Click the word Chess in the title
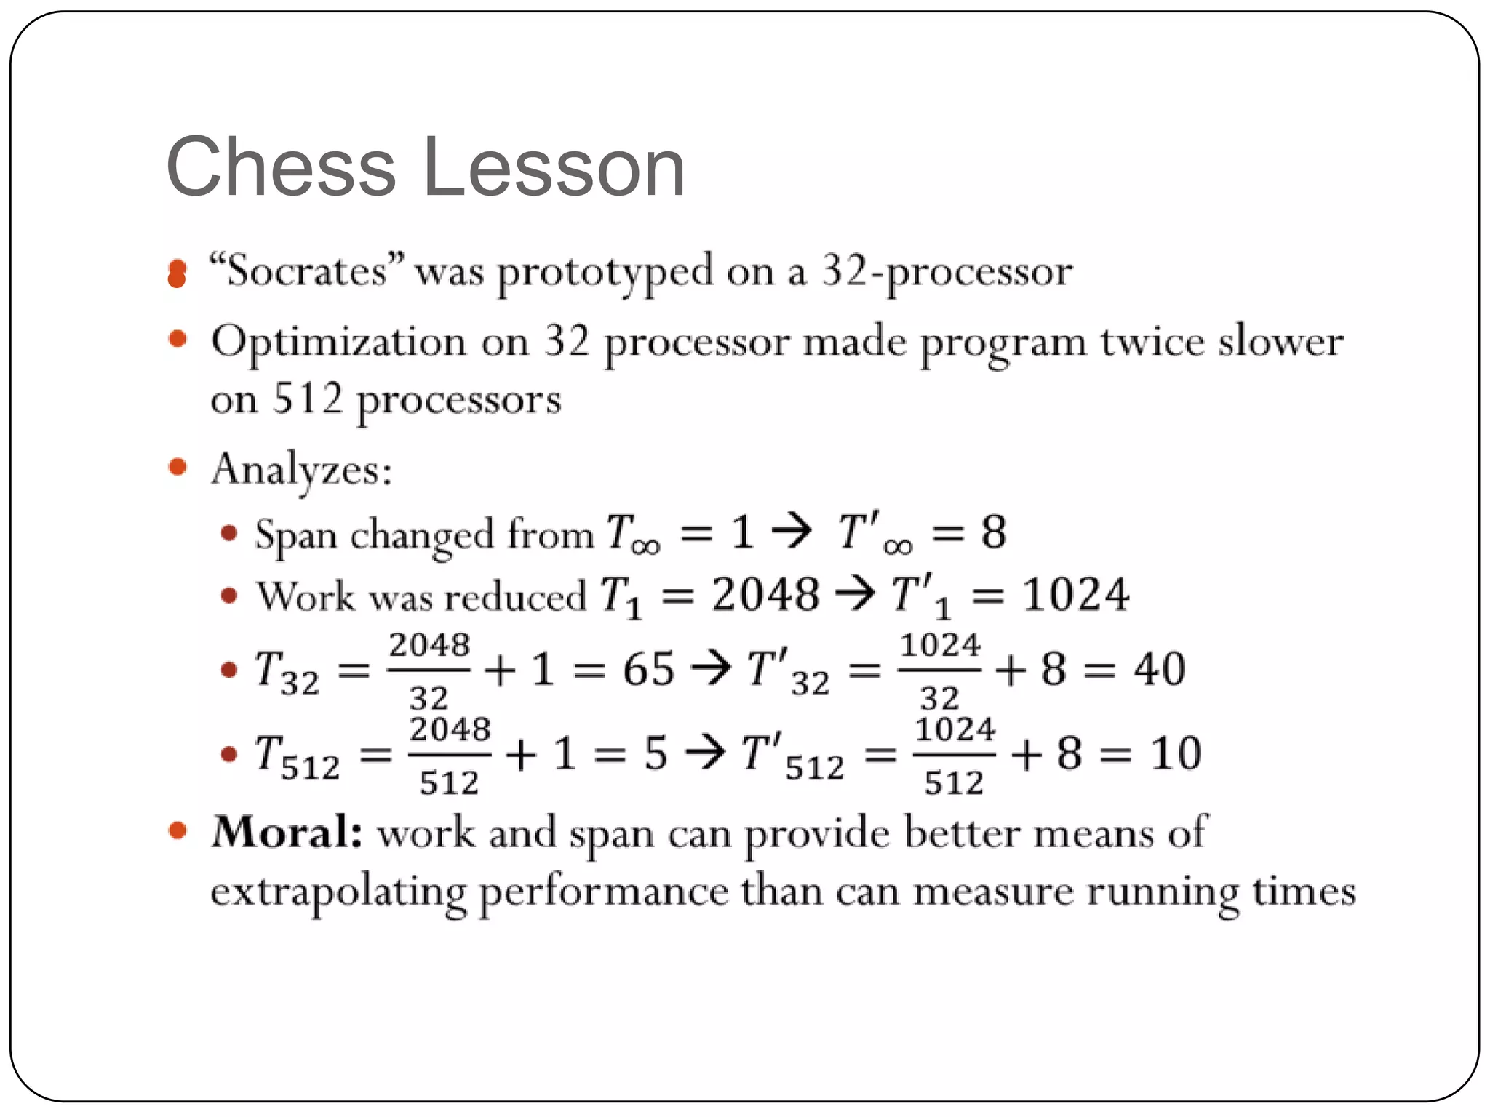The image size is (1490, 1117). pos(281,167)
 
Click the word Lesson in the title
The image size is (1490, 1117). pos(554,167)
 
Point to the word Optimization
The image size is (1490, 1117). pos(338,342)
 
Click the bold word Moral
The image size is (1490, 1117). pos(287,832)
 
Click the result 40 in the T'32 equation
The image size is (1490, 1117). pos(1160,669)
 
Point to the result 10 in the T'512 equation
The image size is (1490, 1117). pos(1176,753)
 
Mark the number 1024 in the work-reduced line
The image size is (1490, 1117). pos(1076,595)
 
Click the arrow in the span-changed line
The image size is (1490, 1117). pos(792,532)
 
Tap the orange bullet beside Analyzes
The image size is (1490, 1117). pos(178,467)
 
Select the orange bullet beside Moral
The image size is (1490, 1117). pos(178,830)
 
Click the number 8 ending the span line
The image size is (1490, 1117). pos(994,532)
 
